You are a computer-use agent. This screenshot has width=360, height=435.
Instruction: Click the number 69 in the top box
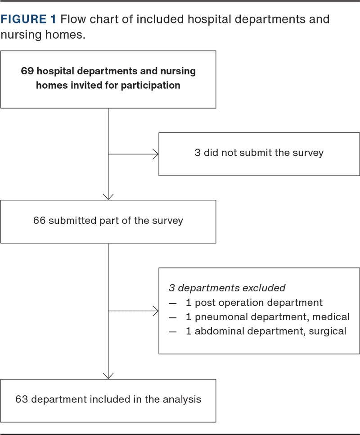point(27,71)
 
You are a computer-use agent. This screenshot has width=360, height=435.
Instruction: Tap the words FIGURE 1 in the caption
point(28,19)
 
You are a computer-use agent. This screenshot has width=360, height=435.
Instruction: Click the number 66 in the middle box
point(39,221)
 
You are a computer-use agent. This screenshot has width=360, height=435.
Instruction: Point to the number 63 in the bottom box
point(21,399)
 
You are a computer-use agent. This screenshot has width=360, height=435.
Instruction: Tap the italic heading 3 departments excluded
point(227,288)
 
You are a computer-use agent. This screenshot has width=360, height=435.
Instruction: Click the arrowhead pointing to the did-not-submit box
point(156,154)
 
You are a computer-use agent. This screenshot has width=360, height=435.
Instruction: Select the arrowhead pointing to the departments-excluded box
point(156,311)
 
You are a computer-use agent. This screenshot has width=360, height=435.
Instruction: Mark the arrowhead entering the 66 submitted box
point(108,197)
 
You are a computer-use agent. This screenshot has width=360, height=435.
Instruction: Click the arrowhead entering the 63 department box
point(108,376)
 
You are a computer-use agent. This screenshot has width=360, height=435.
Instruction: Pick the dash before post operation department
point(173,304)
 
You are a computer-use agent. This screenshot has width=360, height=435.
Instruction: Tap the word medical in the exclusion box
point(331,317)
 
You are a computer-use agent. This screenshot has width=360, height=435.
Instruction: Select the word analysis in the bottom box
point(182,399)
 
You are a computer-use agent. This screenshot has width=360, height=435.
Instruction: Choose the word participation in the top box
point(150,86)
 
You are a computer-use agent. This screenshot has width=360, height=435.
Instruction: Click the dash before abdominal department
point(173,332)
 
